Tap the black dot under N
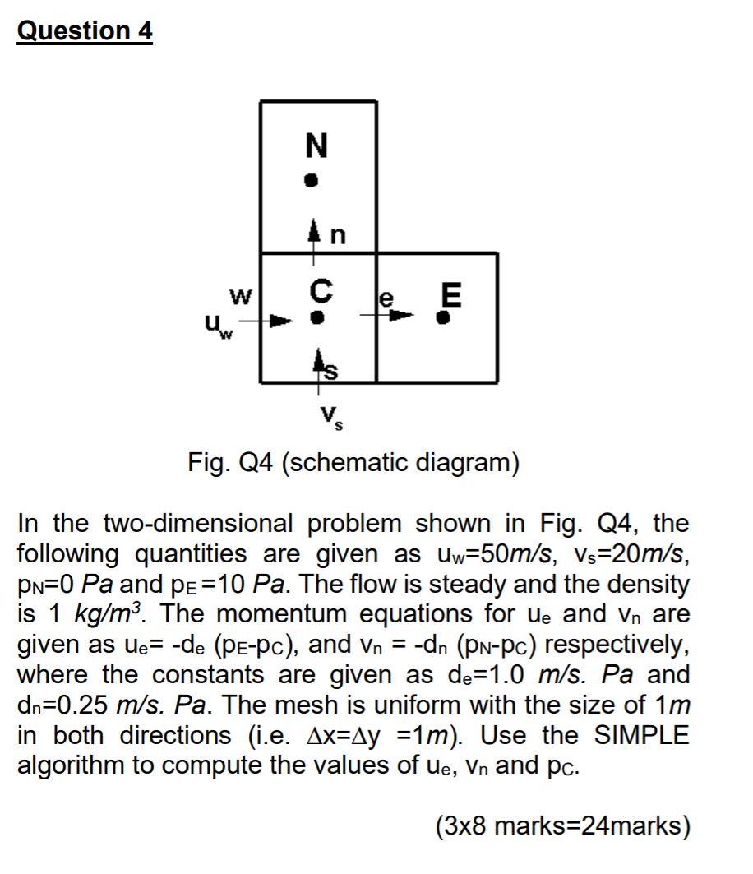(310, 181)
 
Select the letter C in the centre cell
(321, 289)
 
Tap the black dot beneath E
(445, 317)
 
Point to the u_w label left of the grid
(215, 327)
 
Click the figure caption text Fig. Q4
(353, 463)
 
